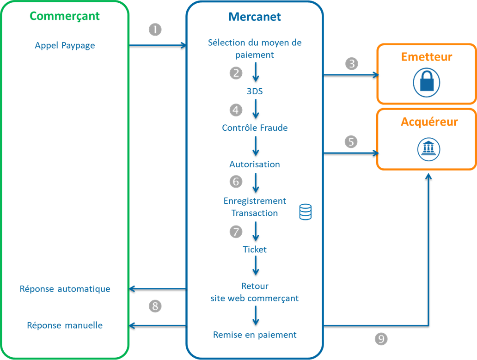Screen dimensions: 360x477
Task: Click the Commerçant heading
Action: tap(65, 16)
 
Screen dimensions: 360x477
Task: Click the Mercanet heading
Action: tap(255, 17)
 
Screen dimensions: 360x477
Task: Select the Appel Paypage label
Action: tap(65, 45)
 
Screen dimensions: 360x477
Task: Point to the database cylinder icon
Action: tap(306, 212)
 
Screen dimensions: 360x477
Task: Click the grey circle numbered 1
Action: tap(155, 30)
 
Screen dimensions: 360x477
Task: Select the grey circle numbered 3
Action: tap(352, 64)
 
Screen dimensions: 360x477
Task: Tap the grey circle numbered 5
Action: tap(351, 142)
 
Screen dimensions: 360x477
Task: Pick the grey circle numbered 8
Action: tap(155, 305)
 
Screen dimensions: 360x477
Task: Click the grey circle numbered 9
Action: tap(380, 339)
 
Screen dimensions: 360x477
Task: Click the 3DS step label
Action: tap(255, 91)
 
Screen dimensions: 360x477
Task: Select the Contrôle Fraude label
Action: tap(255, 128)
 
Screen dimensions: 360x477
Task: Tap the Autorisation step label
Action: tap(255, 164)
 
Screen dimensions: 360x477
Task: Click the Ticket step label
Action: tap(255, 250)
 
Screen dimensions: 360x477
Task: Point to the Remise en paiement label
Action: tap(255, 335)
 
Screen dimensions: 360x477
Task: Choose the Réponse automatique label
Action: tap(65, 289)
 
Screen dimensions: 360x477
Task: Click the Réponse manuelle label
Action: tap(65, 325)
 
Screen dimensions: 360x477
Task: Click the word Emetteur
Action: tap(427, 57)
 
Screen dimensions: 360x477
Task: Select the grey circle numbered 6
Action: tap(236, 182)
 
